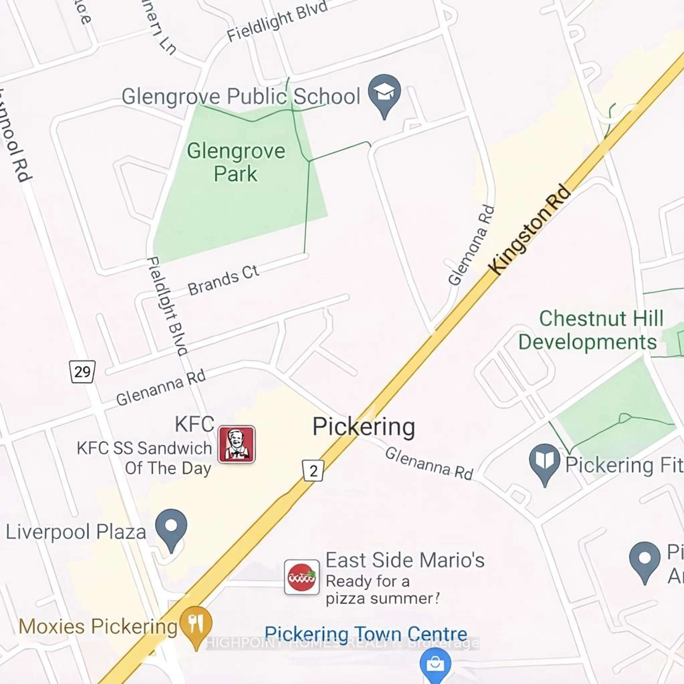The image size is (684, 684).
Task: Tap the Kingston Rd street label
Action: coord(530,229)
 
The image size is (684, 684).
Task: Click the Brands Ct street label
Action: coord(223,280)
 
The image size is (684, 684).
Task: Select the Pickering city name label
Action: coord(364,427)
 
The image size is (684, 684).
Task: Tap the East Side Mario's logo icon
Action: coord(302,577)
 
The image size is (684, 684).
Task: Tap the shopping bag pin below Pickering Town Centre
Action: coord(435,665)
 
